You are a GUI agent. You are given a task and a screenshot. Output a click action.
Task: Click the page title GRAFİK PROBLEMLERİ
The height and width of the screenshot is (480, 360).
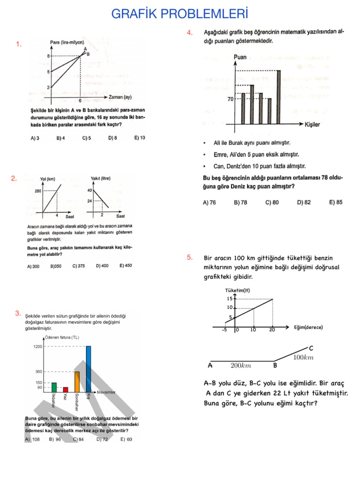(180, 14)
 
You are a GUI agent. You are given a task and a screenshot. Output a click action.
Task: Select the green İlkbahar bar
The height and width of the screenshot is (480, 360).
(54, 387)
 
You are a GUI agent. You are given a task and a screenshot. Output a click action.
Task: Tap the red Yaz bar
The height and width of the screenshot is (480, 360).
(66, 389)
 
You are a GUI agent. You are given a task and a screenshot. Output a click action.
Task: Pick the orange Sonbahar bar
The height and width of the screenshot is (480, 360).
(77, 382)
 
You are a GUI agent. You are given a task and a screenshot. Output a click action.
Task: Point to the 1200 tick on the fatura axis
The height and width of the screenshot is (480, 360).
(37, 346)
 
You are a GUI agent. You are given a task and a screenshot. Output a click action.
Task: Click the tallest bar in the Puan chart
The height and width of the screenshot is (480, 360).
(278, 97)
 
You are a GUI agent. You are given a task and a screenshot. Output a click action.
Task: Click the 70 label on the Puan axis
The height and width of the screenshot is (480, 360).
(231, 99)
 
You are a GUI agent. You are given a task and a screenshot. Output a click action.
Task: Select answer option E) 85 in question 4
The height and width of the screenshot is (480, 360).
(336, 202)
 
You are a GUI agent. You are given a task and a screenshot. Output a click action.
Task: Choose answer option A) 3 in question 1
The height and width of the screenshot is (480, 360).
(35, 138)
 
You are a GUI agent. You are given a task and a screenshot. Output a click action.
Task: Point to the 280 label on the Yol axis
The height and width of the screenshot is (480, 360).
(38, 191)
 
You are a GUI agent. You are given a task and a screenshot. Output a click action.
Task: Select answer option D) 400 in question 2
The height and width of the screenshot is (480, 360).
(102, 266)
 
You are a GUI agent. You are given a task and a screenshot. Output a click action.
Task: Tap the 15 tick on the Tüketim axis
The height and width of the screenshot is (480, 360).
(230, 299)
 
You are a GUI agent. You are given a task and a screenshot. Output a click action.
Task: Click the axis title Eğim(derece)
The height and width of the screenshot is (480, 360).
(308, 327)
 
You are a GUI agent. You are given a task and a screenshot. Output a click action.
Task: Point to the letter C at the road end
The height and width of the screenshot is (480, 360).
(311, 348)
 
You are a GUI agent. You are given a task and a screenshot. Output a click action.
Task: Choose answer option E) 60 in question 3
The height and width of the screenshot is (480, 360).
(126, 439)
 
